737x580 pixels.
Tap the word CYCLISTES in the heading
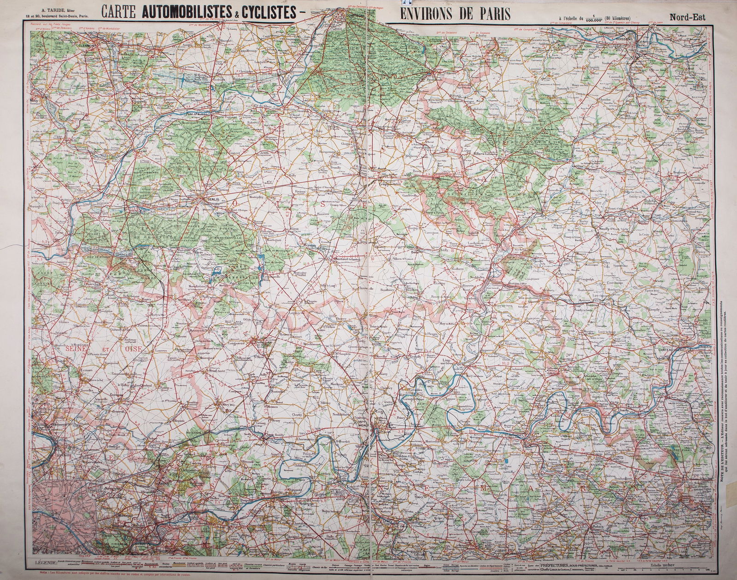(264, 13)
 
